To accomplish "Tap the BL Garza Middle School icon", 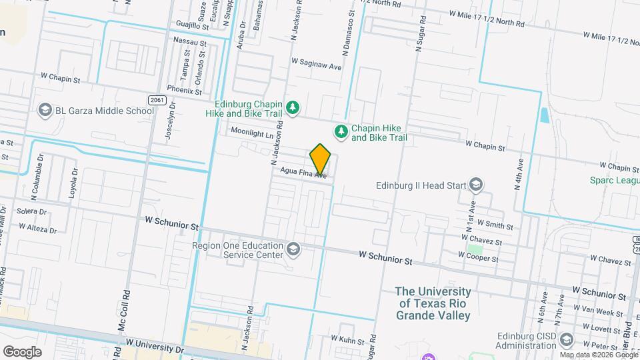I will pos(45,111).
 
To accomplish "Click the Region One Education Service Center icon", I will pos(293,249).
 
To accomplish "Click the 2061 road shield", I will pos(157,100).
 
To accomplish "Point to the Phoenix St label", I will pos(185,89).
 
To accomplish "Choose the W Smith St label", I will pos(494,226).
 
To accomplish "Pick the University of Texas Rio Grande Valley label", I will pos(433,303).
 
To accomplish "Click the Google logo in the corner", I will pos(21,351).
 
